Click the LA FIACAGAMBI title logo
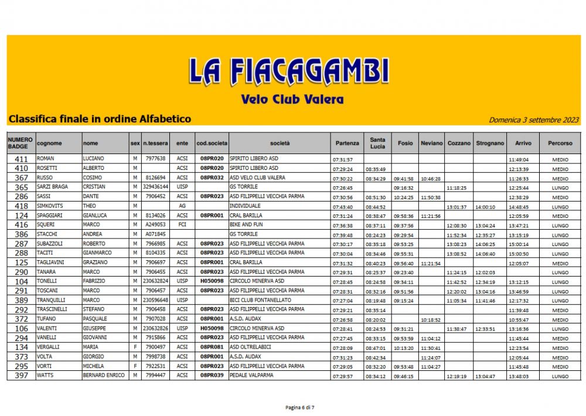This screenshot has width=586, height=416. [288, 71]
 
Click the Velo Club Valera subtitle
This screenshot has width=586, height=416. [292, 99]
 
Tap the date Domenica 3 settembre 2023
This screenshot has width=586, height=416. [533, 120]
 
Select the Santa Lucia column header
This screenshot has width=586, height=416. [378, 143]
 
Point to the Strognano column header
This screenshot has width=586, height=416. [490, 143]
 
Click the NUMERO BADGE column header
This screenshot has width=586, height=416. [21, 143]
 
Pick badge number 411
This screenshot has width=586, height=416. [21, 159]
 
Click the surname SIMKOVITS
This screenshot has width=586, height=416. [50, 207]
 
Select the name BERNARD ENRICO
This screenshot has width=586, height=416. [103, 376]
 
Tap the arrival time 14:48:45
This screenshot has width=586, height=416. [519, 207]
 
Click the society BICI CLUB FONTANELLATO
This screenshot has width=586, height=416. [260, 300]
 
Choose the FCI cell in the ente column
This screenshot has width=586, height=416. [182, 225]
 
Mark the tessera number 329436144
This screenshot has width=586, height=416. [155, 187]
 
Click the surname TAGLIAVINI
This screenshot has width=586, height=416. [52, 263]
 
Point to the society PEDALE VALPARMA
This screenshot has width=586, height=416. [253, 376]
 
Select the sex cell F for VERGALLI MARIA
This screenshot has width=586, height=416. [135, 348]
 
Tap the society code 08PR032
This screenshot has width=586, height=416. [211, 178]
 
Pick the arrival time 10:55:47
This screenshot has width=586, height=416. [519, 320]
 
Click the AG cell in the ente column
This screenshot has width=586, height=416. [182, 207]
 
